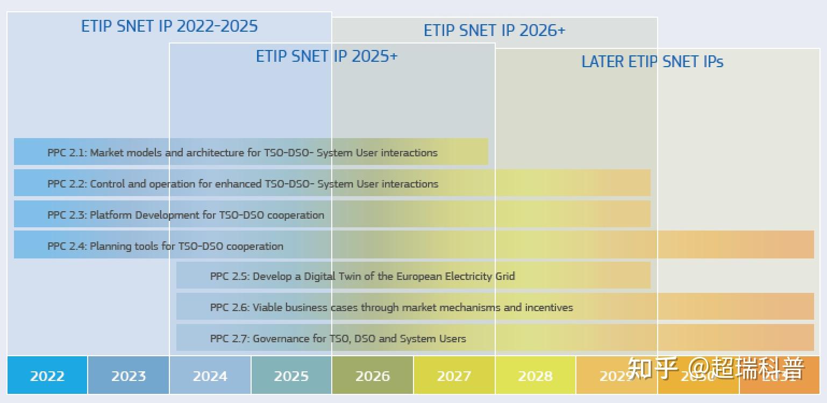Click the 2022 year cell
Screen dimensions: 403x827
(x=47, y=376)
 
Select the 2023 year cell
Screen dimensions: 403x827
(x=129, y=376)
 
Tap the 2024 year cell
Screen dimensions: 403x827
(x=210, y=376)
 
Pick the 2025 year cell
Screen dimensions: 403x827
(x=291, y=376)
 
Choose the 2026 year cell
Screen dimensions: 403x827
(x=372, y=376)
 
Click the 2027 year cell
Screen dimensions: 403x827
(x=454, y=376)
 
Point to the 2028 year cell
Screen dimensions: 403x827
(x=535, y=376)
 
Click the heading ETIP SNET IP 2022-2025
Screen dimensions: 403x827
(x=169, y=26)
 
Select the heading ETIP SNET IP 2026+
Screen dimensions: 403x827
(x=494, y=31)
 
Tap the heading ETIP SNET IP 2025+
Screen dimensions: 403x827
(x=326, y=56)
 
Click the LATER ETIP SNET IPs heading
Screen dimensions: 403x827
(x=652, y=62)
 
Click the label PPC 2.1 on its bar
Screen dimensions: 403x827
(x=66, y=153)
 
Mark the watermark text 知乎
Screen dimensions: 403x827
(x=652, y=369)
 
